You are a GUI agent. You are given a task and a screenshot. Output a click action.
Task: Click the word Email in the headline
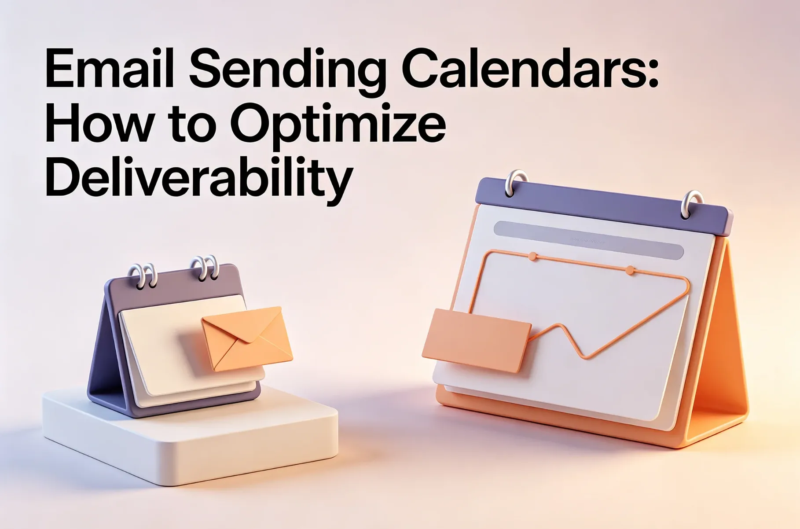109,70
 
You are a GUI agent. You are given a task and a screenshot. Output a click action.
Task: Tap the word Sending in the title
287,70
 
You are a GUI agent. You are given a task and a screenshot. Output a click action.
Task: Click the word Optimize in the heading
338,125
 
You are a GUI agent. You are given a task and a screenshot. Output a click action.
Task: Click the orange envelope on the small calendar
247,338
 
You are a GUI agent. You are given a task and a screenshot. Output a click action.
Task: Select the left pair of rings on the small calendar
143,276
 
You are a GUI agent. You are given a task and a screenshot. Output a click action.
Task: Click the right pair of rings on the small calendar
205,268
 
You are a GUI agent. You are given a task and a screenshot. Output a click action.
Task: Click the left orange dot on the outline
532,256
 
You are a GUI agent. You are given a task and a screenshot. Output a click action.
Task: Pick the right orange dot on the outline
630,270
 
